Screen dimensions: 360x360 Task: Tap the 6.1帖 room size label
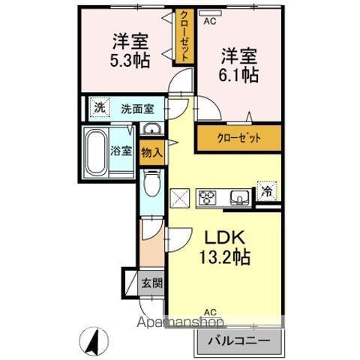(239, 75)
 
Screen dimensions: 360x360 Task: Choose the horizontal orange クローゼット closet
(239, 137)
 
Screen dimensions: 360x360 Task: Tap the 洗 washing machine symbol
(100, 107)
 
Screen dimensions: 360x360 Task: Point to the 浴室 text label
(122, 150)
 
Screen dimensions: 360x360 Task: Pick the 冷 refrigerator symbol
(267, 191)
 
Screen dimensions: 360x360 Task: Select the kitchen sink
(240, 198)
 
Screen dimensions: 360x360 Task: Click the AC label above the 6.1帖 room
(209, 21)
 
